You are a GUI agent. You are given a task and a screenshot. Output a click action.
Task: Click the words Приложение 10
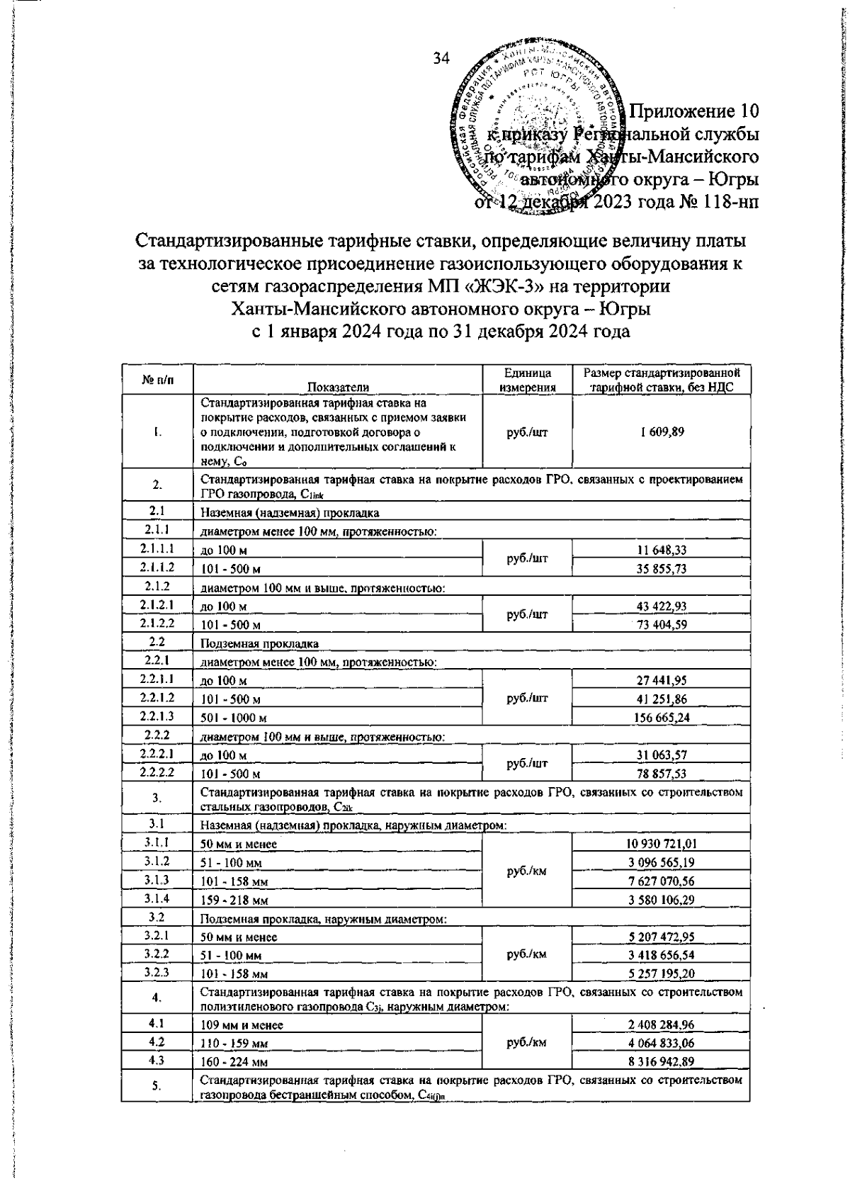pyautogui.click(x=694, y=112)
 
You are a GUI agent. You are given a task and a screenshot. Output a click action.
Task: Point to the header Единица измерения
pyautogui.click(x=526, y=380)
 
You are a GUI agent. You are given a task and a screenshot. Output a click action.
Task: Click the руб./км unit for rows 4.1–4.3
pyautogui.click(x=526, y=1043)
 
